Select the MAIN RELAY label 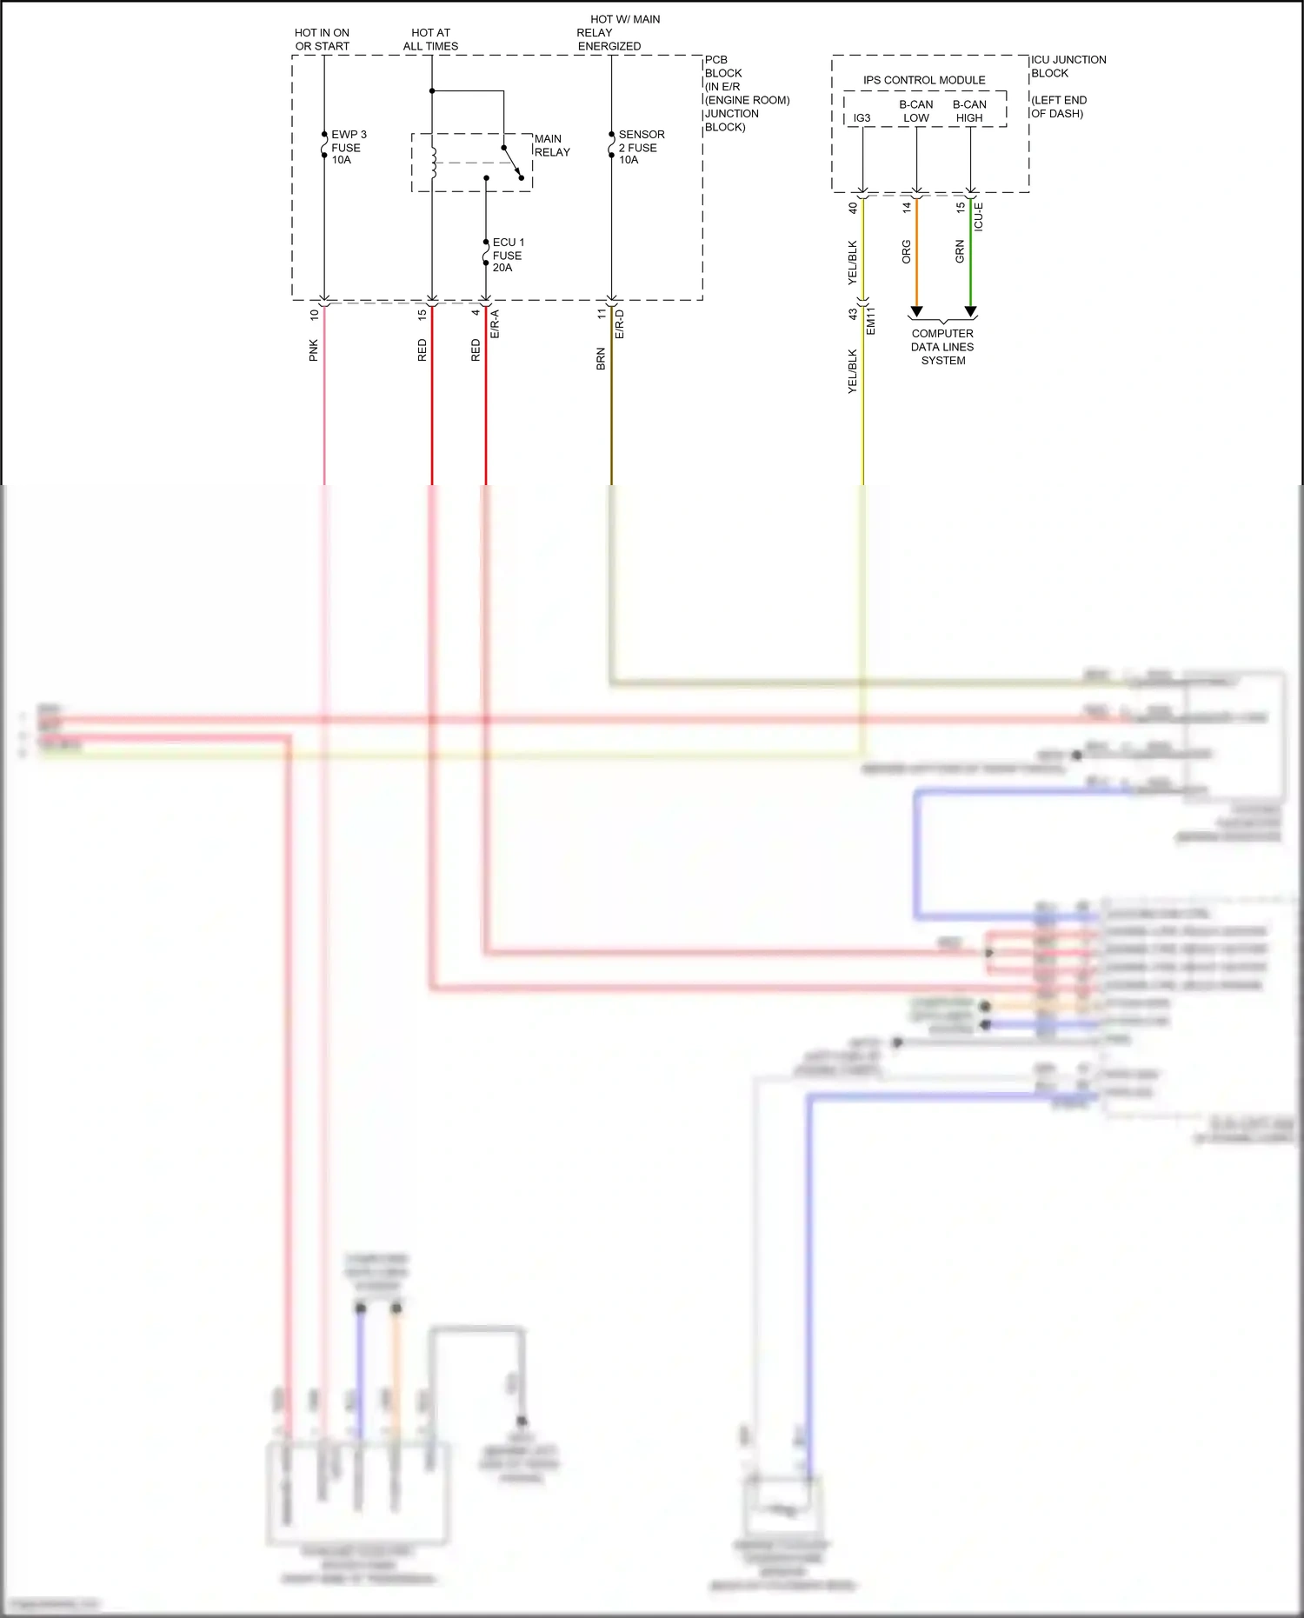(551, 145)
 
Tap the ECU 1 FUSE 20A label (508, 255)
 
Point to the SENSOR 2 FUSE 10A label (641, 147)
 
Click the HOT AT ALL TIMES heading (430, 39)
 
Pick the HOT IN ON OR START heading (322, 39)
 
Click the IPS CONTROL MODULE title (923, 80)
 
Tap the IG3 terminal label (862, 118)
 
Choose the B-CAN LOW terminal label (915, 111)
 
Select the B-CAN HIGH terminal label (969, 111)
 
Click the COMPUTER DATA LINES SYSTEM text (942, 347)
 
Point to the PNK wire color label (314, 350)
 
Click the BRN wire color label (601, 359)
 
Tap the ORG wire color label (907, 252)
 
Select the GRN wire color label (960, 252)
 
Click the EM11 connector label (871, 321)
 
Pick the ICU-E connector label (979, 216)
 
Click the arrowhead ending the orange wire (916, 311)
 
